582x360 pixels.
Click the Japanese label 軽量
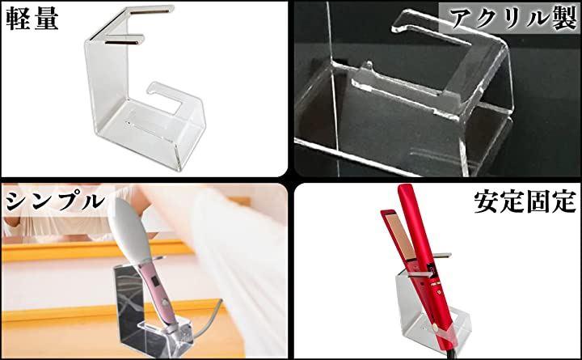[x=32, y=18]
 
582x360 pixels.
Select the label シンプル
[x=55, y=201]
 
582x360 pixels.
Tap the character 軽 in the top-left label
[x=18, y=18]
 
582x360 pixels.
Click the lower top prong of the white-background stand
[x=124, y=40]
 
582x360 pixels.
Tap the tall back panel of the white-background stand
[x=107, y=82]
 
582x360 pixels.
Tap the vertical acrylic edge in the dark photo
[x=334, y=89]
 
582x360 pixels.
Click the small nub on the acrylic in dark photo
[x=369, y=66]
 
